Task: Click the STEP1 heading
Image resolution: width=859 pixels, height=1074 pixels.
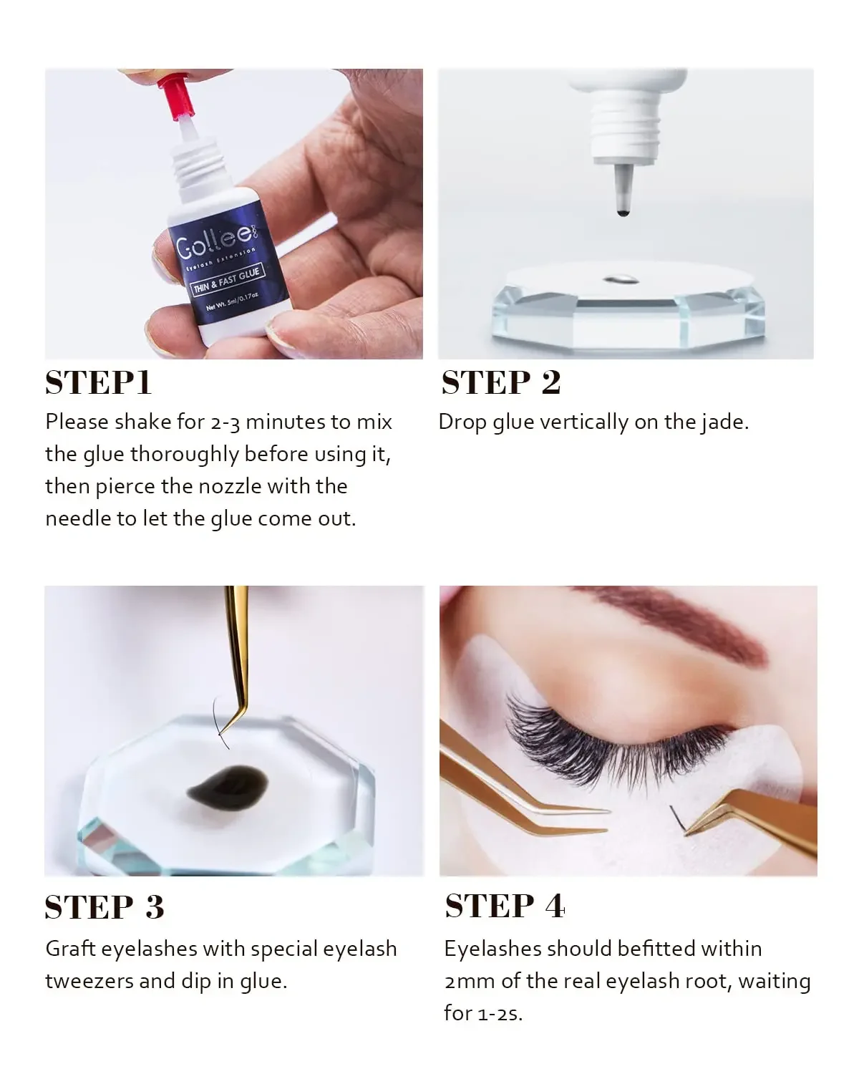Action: click(x=98, y=382)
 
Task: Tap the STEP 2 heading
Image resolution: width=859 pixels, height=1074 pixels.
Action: click(x=500, y=382)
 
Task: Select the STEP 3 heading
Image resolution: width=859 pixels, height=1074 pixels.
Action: click(x=105, y=907)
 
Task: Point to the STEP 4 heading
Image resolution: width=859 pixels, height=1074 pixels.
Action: click(x=505, y=906)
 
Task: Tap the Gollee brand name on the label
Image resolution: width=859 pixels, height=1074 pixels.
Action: click(x=213, y=241)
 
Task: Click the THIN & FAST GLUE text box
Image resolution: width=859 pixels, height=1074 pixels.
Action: click(x=226, y=280)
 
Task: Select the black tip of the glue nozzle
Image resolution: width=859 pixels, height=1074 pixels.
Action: click(x=623, y=211)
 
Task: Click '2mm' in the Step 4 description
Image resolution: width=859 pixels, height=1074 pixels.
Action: click(x=470, y=981)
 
